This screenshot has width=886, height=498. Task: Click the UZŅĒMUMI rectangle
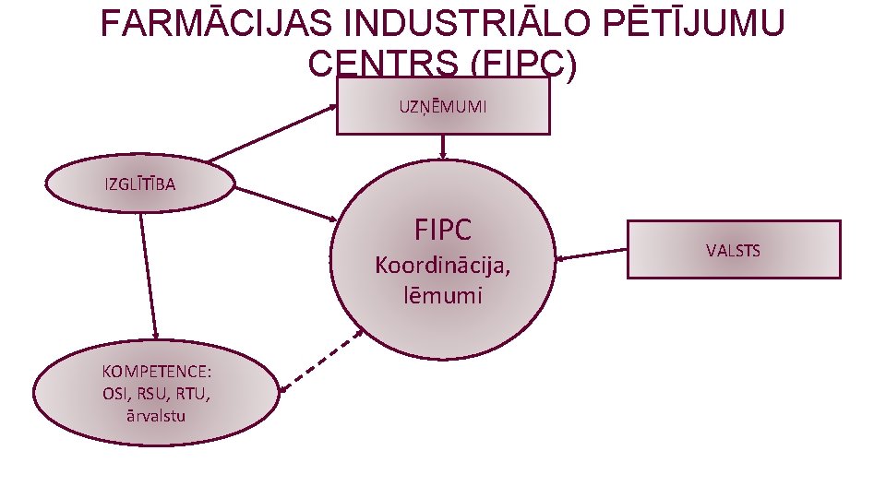(x=443, y=106)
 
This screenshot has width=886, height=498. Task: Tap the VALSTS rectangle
(x=734, y=250)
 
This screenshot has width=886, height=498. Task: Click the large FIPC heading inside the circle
(x=443, y=229)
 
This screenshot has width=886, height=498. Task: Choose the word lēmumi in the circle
(x=442, y=295)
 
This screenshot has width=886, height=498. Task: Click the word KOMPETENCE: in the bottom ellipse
(x=157, y=373)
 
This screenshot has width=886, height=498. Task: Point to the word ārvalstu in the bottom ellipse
(x=157, y=415)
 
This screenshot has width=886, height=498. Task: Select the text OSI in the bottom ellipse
(x=117, y=394)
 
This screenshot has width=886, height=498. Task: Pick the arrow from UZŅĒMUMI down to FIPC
(x=444, y=146)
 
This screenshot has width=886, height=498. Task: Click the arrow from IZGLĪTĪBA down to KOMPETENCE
(x=148, y=277)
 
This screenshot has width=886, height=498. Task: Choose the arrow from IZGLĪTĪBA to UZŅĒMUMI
(x=272, y=133)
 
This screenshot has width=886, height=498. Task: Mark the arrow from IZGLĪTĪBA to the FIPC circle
(x=286, y=203)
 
